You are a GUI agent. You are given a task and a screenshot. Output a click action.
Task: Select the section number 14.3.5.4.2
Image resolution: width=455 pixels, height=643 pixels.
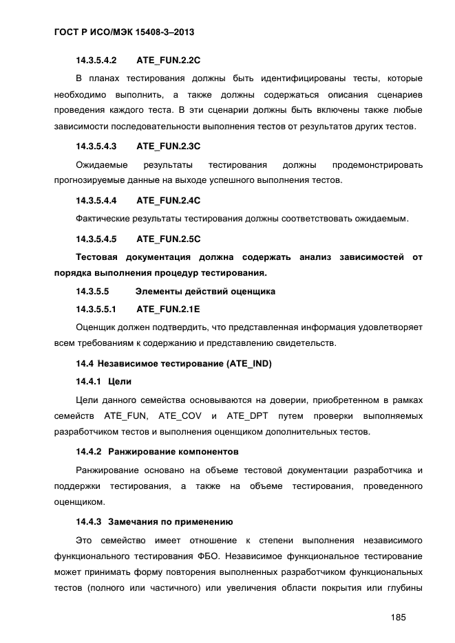[96, 60]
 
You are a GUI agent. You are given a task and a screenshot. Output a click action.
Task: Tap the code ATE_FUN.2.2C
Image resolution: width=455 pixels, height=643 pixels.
[168, 60]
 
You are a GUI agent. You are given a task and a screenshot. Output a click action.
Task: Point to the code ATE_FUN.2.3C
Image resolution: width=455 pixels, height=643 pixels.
[168, 146]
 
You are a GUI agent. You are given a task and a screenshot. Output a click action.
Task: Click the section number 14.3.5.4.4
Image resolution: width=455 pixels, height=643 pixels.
[96, 201]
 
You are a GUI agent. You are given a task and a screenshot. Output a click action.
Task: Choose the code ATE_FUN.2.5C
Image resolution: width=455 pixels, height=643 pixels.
[168, 239]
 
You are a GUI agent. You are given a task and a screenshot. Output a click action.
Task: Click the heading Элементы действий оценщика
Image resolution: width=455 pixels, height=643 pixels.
[206, 291]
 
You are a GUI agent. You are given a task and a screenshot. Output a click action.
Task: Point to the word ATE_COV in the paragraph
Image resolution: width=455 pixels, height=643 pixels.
[177, 415]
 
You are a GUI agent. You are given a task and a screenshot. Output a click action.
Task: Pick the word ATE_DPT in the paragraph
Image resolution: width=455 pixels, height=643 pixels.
[244, 415]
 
